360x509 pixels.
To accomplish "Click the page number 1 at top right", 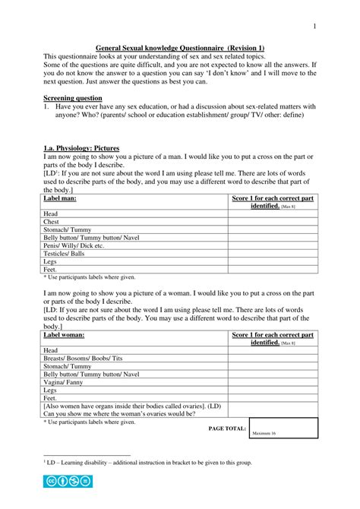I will (x=314, y=27).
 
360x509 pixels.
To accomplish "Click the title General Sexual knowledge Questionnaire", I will (x=179, y=47).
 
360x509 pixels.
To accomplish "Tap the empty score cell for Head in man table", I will (x=271, y=213).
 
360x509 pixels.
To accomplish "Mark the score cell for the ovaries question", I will (x=271, y=409).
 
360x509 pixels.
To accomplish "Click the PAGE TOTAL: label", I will (x=227, y=428).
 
